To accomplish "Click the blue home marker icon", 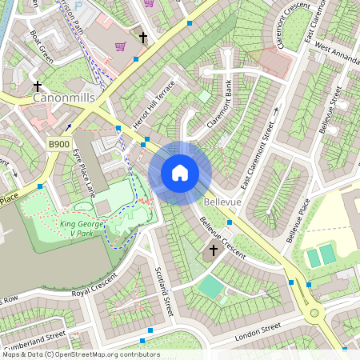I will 180,173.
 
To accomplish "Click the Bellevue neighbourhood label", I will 222,203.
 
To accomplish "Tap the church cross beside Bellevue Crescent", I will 213,251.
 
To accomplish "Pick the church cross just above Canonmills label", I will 38,85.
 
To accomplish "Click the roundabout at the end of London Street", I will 314,313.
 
